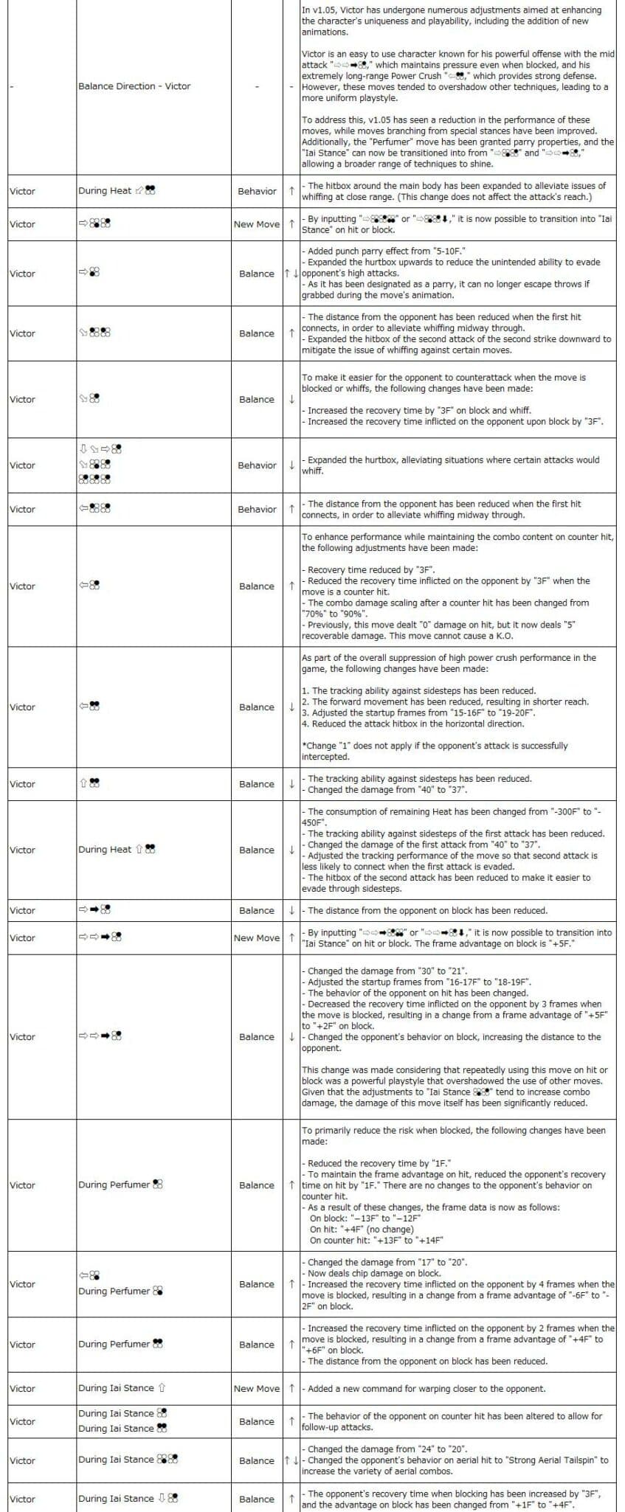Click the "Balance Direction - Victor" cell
coord(134,86)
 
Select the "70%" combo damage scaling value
coord(314,614)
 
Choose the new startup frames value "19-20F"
coord(507,712)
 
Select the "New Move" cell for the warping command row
coord(256,1388)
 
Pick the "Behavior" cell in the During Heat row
coord(257,191)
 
